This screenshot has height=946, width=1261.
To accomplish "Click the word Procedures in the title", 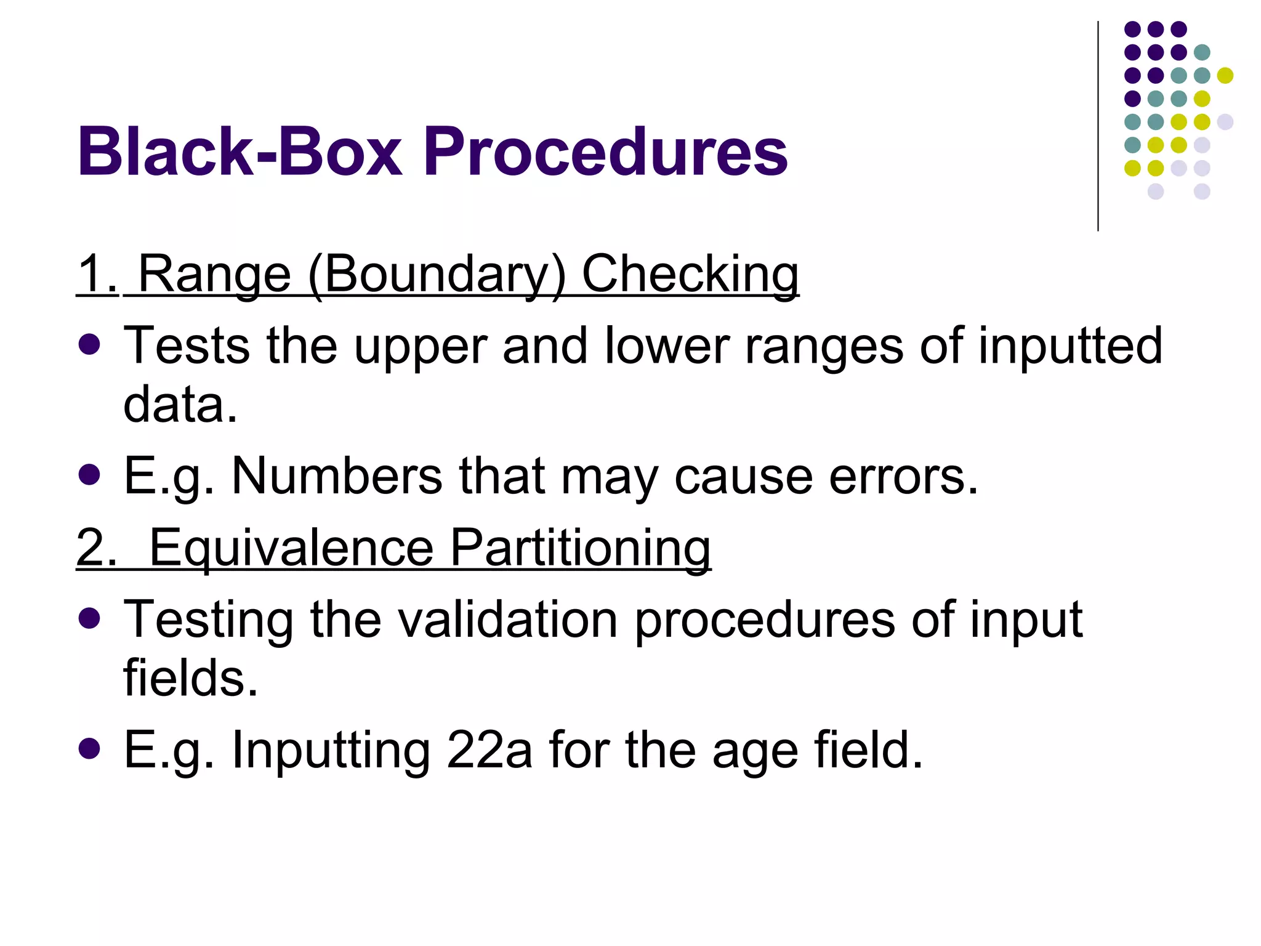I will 605,152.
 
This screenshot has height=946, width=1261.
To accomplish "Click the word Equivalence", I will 291,548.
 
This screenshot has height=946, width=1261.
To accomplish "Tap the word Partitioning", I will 580,548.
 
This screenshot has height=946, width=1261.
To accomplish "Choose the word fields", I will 190,678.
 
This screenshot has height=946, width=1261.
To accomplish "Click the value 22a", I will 489,750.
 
